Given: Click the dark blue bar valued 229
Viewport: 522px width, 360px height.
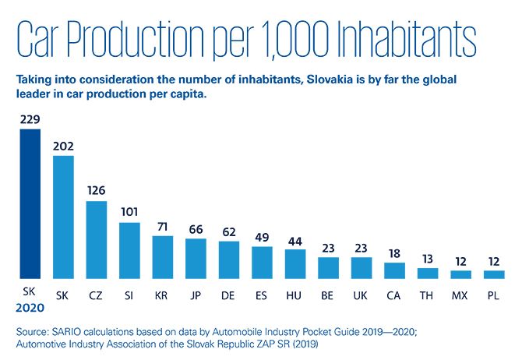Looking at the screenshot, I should tap(30, 203).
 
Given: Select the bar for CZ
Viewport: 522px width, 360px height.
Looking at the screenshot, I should tap(97, 240).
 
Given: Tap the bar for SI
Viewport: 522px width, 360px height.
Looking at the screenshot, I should tap(129, 251).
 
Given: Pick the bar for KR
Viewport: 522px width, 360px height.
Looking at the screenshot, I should tap(162, 257).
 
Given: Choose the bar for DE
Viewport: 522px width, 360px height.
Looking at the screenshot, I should tap(229, 259).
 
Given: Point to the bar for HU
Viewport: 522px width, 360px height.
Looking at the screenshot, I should tap(295, 264).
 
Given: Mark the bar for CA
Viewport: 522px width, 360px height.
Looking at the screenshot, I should tap(395, 270).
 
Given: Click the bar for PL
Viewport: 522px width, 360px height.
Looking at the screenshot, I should tap(495, 274).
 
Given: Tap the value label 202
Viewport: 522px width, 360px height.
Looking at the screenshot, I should tap(63, 146).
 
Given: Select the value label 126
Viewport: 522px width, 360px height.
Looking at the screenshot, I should tap(97, 191).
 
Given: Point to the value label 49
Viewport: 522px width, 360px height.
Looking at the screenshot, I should tap(263, 237).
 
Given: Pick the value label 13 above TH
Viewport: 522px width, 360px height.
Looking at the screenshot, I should tap(429, 258).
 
